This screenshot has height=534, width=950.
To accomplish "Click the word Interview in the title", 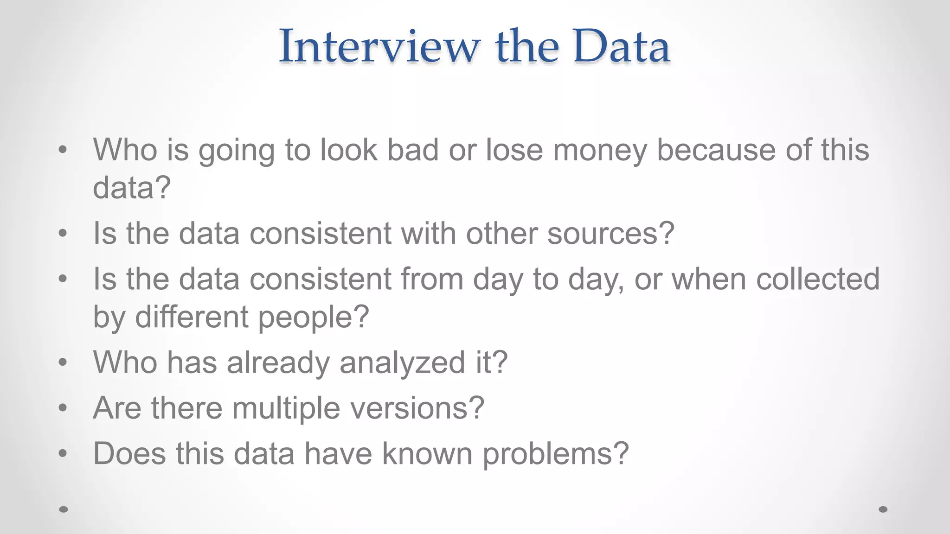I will (x=379, y=46).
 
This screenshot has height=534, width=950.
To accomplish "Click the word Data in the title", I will (x=622, y=46).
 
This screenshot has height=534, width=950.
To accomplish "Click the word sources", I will (x=611, y=233).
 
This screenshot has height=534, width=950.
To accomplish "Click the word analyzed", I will (x=402, y=362).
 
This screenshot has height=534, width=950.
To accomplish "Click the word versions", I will (x=417, y=408).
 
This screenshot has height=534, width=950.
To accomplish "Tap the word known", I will (x=427, y=453).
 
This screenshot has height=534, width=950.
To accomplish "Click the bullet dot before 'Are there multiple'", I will (x=63, y=408).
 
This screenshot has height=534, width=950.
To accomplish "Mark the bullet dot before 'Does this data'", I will (x=63, y=453).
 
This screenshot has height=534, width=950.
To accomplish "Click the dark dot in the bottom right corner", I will (x=883, y=509).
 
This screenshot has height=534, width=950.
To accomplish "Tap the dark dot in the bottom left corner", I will (x=64, y=509).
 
